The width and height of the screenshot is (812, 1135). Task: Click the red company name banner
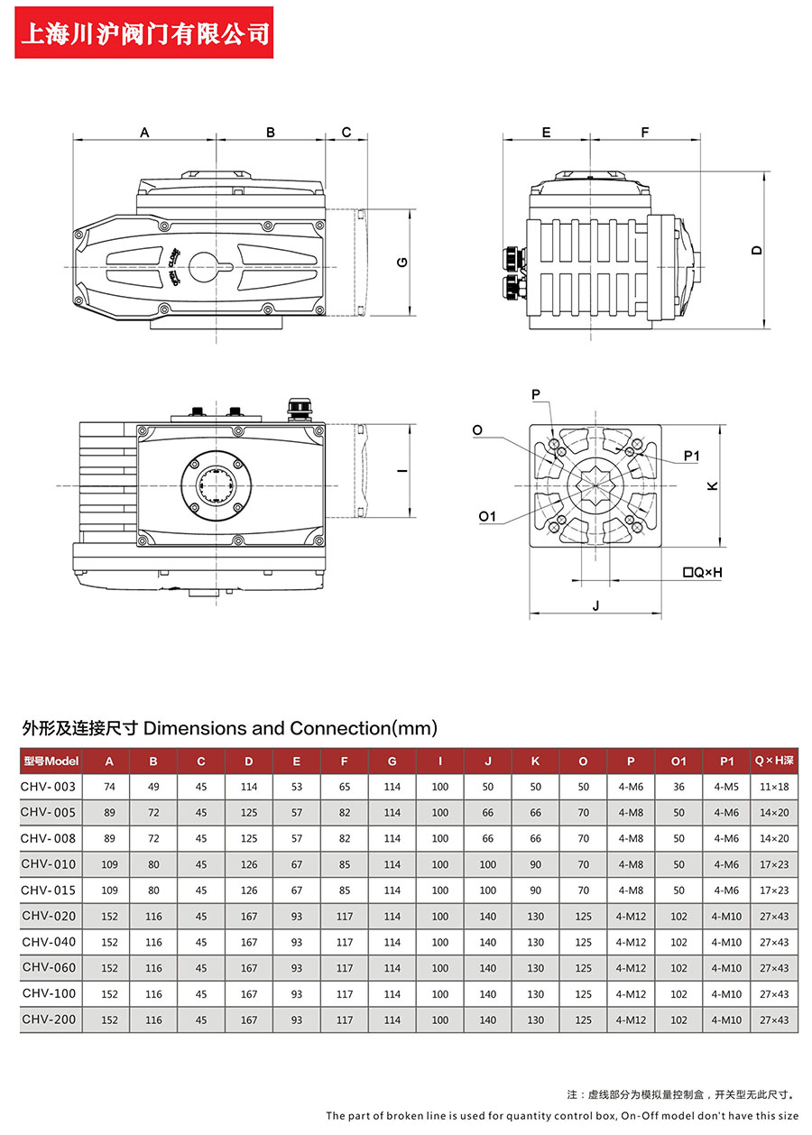[x=145, y=33]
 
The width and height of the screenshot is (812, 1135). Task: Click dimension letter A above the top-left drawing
[x=144, y=133]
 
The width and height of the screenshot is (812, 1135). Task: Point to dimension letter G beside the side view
[x=402, y=263]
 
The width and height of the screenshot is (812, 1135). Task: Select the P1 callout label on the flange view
[x=691, y=457]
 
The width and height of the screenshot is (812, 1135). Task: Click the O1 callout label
[x=487, y=516]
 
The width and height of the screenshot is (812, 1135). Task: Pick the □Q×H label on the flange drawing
[x=703, y=572]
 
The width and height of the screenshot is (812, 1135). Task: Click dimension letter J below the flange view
[x=595, y=605]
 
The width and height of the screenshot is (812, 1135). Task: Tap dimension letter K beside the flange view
[x=712, y=485]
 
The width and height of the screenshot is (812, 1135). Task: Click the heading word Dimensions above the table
[x=195, y=727]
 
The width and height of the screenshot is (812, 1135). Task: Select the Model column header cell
[x=51, y=761]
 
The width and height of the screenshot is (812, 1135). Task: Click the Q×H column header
[x=773, y=761]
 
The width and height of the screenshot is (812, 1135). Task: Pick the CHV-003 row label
[x=49, y=787]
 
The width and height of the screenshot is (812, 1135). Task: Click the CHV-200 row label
[x=49, y=1020]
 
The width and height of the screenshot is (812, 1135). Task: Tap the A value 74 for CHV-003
[x=110, y=787]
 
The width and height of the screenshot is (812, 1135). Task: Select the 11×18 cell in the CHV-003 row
[x=773, y=787]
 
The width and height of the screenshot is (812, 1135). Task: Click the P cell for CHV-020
[x=631, y=917]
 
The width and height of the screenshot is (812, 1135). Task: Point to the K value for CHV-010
[x=535, y=864]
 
